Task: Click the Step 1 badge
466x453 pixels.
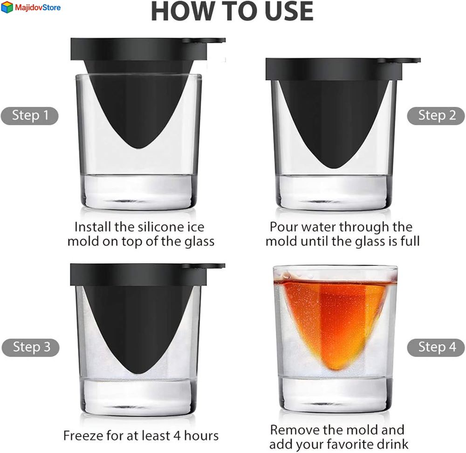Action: tap(29, 116)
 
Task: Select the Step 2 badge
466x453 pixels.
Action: tap(436, 116)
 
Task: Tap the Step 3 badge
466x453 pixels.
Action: tap(30, 347)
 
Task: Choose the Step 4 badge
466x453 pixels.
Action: tap(436, 347)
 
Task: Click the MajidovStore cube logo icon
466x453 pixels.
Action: tap(7, 7)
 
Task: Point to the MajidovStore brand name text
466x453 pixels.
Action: tap(38, 7)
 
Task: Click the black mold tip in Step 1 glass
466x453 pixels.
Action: tap(138, 148)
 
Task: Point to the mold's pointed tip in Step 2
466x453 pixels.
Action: tap(334, 168)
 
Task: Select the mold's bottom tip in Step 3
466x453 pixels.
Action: tap(138, 373)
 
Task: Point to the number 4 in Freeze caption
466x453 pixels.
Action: tap(177, 436)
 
